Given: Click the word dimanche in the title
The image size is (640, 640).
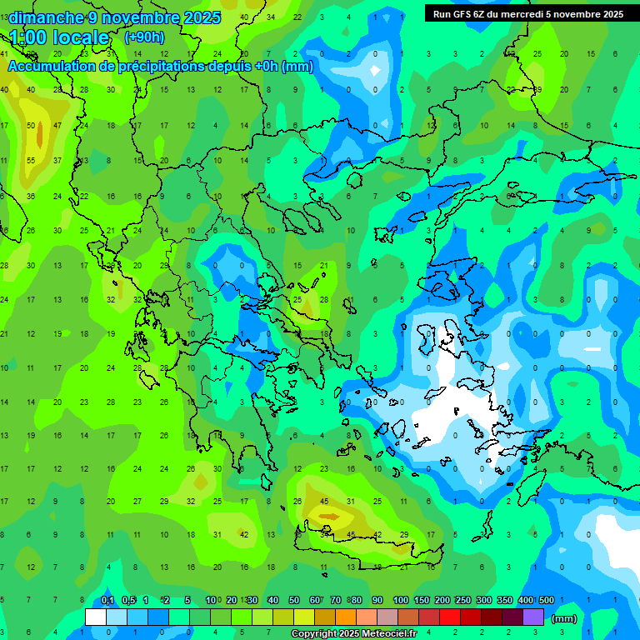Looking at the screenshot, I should tap(45, 17).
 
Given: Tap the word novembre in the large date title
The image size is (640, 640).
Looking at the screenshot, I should tap(138, 17).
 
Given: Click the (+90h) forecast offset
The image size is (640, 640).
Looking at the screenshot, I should tap(144, 37).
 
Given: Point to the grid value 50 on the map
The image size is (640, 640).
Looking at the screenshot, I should tap(32, 126).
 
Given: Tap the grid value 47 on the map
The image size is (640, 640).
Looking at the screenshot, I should tap(57, 126).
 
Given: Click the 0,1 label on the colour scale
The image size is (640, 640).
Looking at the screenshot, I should tap(107, 600).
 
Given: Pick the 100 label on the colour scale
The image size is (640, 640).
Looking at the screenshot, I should tap(400, 600).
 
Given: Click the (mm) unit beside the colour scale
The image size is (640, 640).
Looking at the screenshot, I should tap(564, 618).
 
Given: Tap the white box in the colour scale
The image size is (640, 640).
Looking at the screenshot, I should tap(96, 617).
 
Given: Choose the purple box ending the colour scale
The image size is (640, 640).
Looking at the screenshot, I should tap(533, 617).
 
